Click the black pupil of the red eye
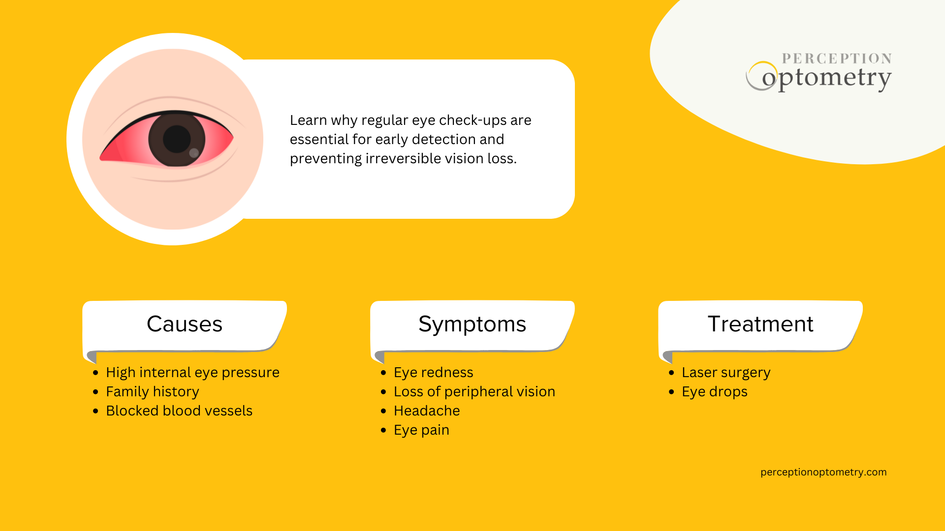point(176,139)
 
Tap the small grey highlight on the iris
point(194,153)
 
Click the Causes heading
point(185,324)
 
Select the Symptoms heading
point(472,324)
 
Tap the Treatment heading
point(760,324)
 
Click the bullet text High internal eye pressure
point(192,372)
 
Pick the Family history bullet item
point(153,391)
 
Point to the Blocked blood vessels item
point(179,411)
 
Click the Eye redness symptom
point(433,372)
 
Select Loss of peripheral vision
point(474,391)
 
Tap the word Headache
point(427,411)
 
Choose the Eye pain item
point(421,430)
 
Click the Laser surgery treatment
point(726,372)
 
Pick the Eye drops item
point(714,391)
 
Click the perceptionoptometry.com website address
point(823,472)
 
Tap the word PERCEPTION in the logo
point(837,59)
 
